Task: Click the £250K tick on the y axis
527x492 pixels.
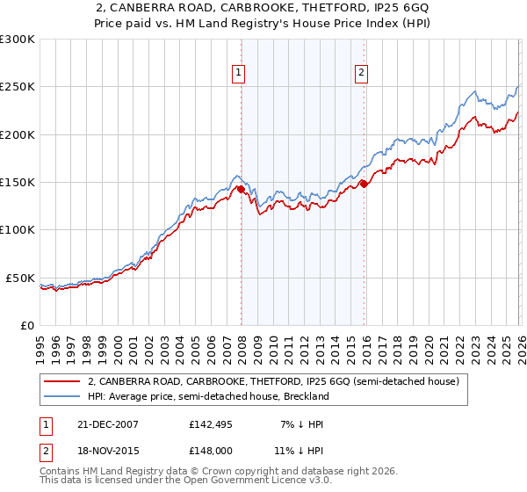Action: [18, 87]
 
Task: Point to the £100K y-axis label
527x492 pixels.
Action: [18, 230]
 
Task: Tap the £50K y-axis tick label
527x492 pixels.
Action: [20, 278]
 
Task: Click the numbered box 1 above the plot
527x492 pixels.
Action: [239, 74]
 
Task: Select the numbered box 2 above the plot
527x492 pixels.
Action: [361, 74]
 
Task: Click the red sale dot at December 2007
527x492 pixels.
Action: [241, 189]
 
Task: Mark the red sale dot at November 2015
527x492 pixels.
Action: [364, 184]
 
